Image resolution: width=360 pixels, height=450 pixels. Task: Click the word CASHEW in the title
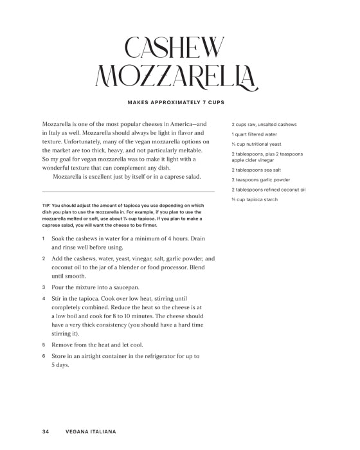[175, 48]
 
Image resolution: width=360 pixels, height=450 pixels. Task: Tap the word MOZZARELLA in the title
[175, 77]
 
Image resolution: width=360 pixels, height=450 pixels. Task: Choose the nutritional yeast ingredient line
[256, 144]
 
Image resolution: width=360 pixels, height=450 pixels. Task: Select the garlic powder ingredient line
[260, 180]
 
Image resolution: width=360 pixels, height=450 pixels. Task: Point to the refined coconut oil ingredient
[268, 190]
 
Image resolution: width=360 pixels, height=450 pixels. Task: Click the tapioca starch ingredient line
[255, 200]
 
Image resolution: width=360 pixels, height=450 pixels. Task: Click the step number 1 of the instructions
[43, 239]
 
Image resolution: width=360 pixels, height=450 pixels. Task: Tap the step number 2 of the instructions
[43, 258]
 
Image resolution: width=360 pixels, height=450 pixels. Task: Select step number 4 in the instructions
[43, 298]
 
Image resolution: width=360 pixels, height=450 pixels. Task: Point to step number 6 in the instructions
[43, 355]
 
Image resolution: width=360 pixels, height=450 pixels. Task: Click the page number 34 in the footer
[46, 431]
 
